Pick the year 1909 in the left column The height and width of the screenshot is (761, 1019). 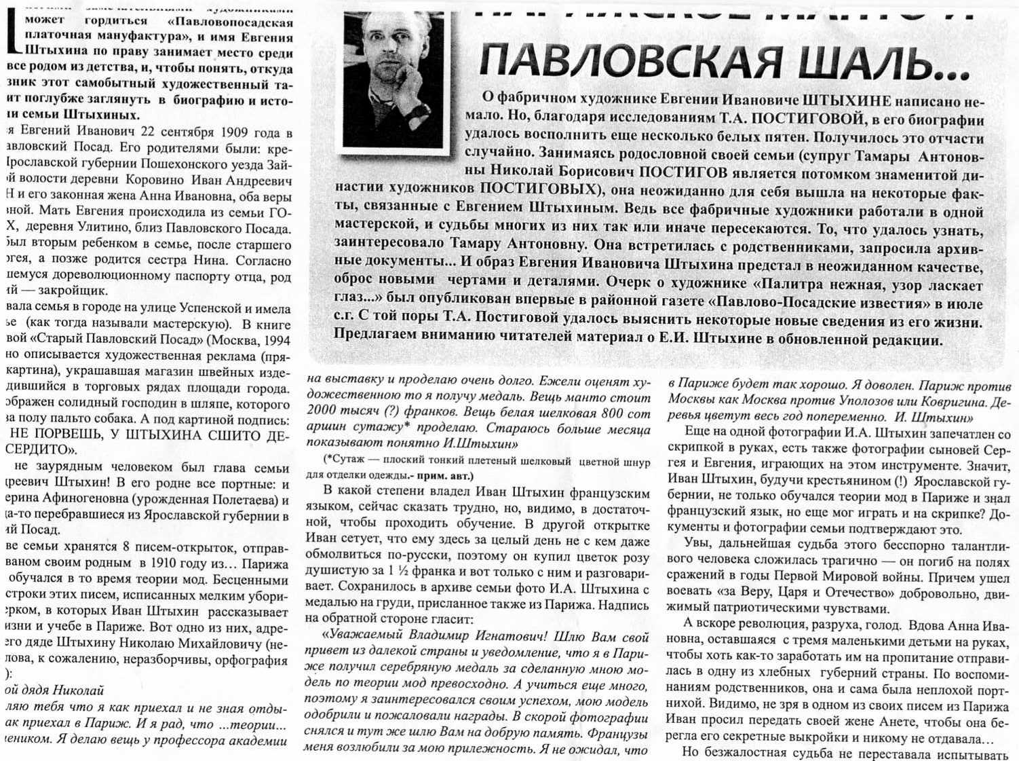coord(218,132)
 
